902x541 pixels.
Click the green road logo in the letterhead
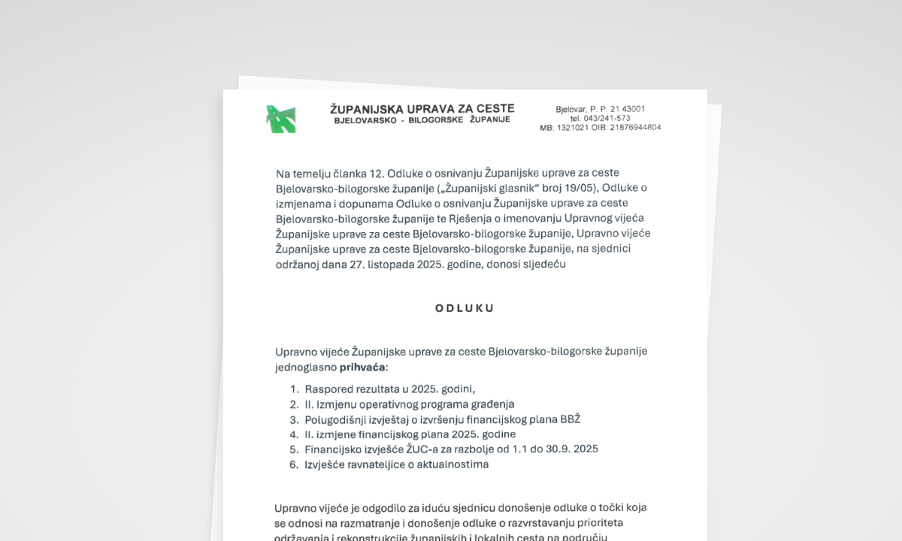280,119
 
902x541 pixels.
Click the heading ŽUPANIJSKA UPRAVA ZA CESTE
422,109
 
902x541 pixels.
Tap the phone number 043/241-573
600,118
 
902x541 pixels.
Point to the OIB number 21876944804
635,128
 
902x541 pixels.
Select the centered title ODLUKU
465,308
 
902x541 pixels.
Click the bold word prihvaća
362,367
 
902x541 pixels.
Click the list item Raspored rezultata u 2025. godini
390,388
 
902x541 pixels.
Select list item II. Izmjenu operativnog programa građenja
409,403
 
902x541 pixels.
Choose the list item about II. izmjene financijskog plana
410,434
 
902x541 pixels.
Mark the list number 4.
294,434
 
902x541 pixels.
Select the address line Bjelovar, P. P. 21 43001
600,109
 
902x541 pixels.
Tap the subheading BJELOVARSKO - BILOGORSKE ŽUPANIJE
422,120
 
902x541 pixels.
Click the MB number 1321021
569,128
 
